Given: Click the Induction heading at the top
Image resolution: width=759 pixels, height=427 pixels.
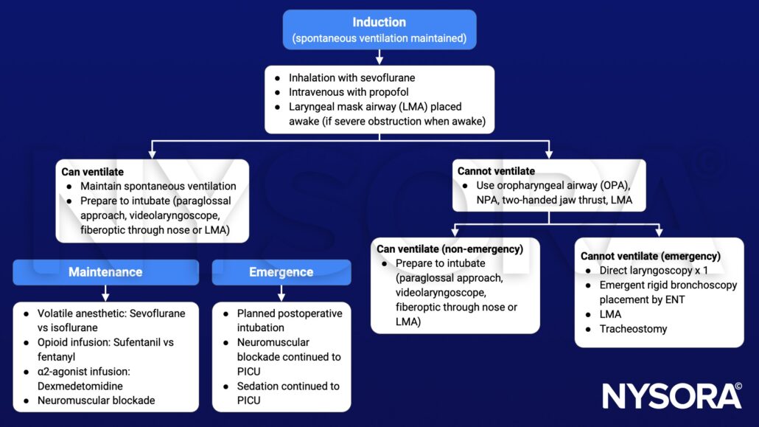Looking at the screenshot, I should (379, 22).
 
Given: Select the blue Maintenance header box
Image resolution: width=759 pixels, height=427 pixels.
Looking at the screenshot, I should (105, 272).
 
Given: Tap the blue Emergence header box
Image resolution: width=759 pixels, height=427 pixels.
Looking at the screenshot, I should (281, 272).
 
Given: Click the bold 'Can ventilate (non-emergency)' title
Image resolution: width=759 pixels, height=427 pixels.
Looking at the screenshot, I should (450, 249).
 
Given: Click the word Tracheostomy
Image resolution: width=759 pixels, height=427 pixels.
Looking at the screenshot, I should (633, 329).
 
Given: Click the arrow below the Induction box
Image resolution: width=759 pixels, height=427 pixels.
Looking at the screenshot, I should (379, 56).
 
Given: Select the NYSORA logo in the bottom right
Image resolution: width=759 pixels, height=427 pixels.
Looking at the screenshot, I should (671, 396).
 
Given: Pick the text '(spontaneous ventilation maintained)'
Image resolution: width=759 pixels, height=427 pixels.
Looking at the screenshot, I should (379, 38).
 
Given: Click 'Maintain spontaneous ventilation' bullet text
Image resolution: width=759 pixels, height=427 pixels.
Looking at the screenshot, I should (158, 186).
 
